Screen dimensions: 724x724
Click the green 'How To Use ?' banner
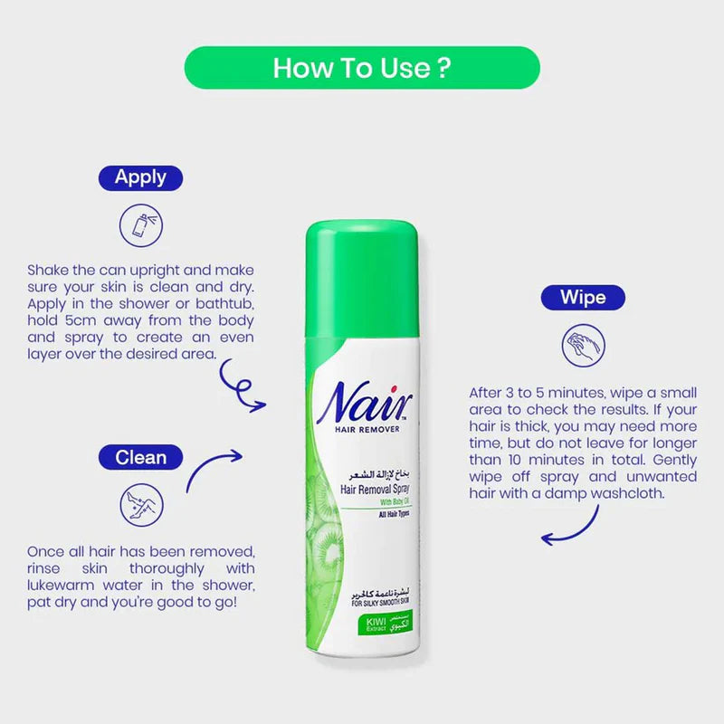pos(362,68)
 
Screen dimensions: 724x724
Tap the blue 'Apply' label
pos(140,177)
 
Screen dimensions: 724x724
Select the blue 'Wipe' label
pos(583,298)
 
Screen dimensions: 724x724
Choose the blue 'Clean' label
pos(141,457)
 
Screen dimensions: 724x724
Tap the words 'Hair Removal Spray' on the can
pos(374,488)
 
